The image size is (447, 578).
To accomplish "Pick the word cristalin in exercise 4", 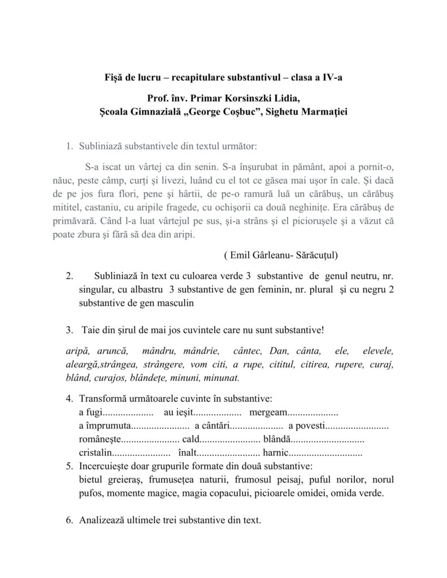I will [96, 453].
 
